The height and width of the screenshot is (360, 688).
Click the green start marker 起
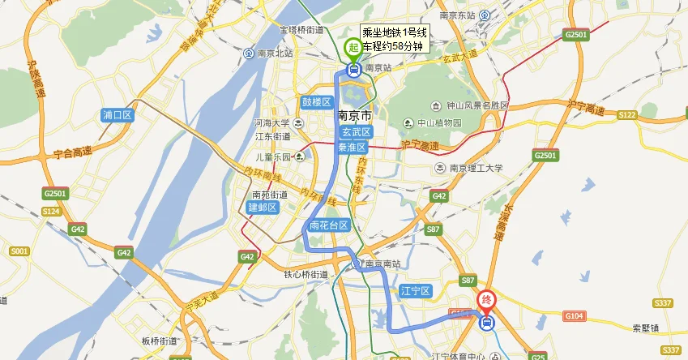(x=353, y=48)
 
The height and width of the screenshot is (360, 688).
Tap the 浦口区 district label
(x=118, y=115)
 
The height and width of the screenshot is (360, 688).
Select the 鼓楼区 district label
(x=317, y=102)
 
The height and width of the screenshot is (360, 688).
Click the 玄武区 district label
(x=355, y=131)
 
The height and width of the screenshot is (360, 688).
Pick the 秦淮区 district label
(x=355, y=148)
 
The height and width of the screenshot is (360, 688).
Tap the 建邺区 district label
(x=263, y=208)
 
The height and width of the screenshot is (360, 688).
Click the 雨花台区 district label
(x=328, y=225)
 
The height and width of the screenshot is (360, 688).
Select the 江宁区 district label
(x=417, y=290)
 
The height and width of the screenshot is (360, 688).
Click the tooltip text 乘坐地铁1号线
(x=394, y=32)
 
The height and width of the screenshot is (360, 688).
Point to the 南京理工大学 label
(x=476, y=169)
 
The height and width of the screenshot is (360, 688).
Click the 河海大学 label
(x=271, y=123)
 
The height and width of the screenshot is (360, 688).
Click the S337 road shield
(x=663, y=303)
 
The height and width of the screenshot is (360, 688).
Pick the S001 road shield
(x=20, y=252)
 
